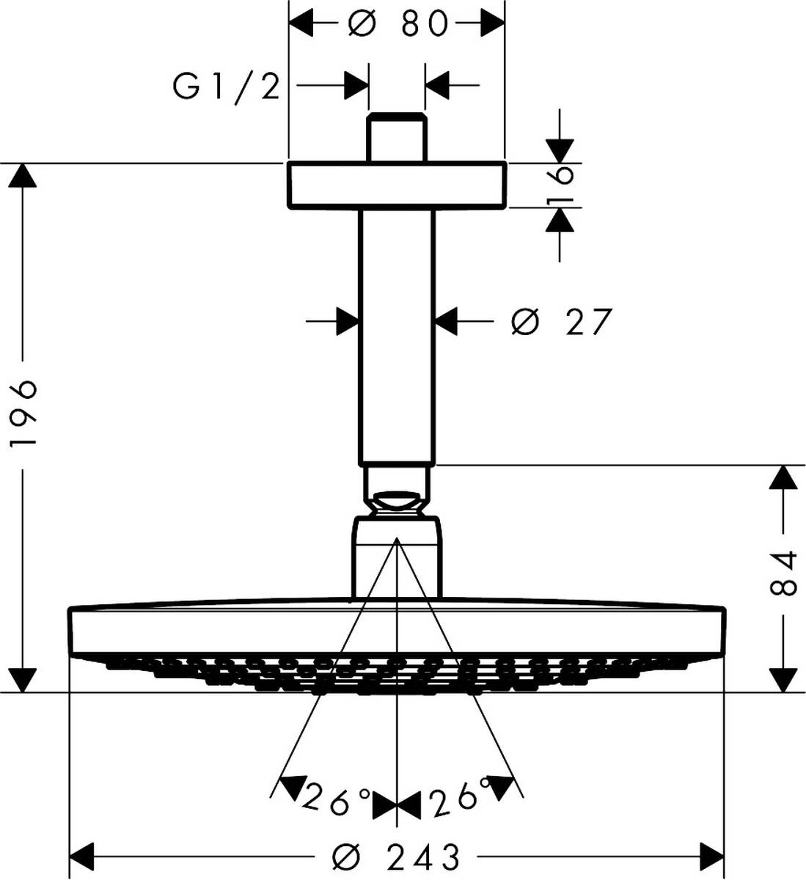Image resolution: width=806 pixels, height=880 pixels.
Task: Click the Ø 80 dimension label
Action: coord(397,23)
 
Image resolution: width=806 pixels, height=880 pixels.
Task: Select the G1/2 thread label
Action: coord(227,87)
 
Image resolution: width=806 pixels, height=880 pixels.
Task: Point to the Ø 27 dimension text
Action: coord(561,321)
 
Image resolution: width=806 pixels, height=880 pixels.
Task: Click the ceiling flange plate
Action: coord(397,185)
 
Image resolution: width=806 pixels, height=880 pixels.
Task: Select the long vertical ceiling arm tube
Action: coord(397,337)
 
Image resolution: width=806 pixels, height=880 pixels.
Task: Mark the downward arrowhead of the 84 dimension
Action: coord(783,679)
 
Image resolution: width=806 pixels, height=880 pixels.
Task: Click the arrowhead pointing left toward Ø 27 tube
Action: coord(447,321)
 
